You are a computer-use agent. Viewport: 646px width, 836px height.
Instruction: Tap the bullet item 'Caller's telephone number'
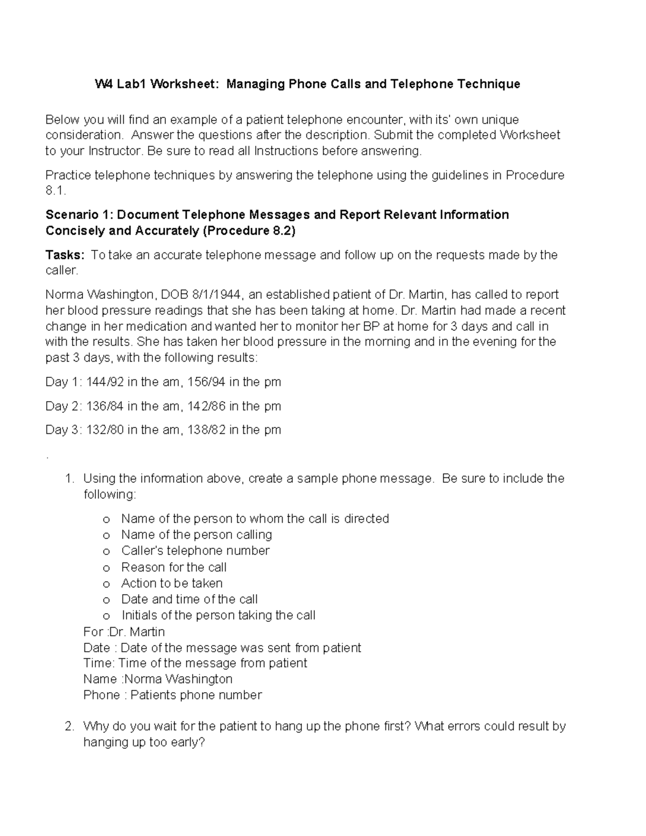(x=195, y=551)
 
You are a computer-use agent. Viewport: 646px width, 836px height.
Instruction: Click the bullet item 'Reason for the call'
(x=173, y=567)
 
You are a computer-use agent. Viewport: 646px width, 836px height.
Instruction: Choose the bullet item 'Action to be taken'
(x=172, y=583)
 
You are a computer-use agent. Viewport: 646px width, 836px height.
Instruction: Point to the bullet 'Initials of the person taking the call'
(x=218, y=615)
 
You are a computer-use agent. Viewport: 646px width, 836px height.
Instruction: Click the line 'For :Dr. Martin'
(x=124, y=631)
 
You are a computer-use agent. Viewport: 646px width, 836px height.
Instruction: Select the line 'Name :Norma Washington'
(x=158, y=679)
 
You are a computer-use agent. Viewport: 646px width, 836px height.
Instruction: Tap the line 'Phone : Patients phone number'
(x=172, y=695)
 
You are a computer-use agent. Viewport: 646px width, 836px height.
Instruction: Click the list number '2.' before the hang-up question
(x=69, y=726)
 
